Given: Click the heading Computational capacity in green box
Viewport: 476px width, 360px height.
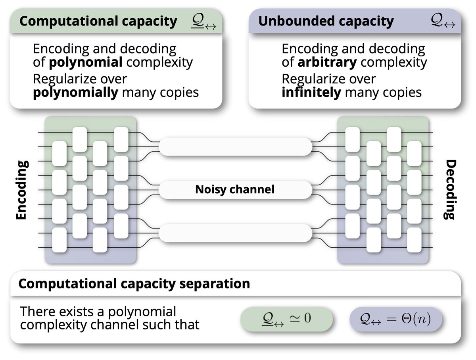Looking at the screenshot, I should click(98, 21).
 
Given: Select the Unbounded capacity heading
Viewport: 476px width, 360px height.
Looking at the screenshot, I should click(326, 21).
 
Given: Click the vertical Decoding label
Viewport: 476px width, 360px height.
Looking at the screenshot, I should click(450, 190).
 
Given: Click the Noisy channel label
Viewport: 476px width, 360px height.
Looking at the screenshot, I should click(235, 189).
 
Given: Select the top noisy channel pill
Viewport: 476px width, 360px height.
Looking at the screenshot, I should click(235, 146).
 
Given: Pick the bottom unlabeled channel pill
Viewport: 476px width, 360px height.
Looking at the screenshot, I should click(235, 233).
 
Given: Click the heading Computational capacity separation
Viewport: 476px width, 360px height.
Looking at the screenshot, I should click(134, 284).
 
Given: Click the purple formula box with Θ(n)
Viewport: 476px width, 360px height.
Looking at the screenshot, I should click(395, 319).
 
